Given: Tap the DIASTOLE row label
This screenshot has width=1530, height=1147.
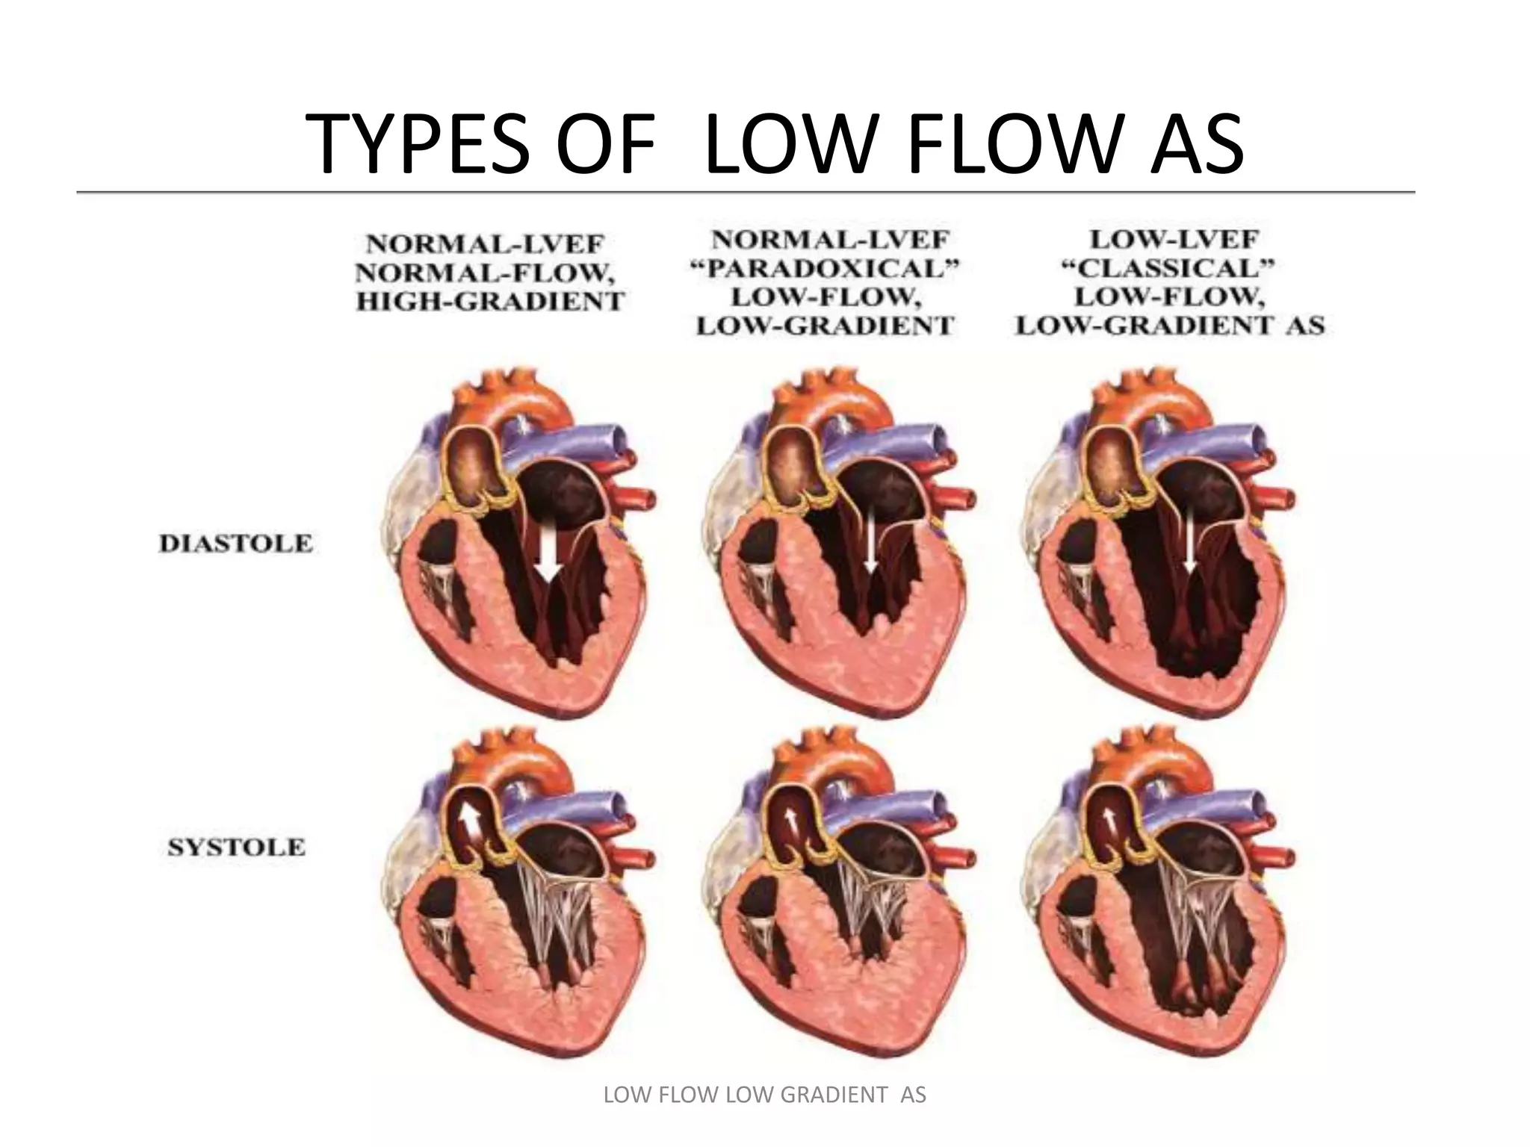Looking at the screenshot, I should click(x=236, y=544).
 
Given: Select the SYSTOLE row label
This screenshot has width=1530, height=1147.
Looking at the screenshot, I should click(x=236, y=848).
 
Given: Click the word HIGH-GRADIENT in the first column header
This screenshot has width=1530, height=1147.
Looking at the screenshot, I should click(x=489, y=302).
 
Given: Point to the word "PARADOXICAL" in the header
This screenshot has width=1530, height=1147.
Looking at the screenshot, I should click(x=825, y=269).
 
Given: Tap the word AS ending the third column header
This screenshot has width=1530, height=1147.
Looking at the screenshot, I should click(x=1307, y=326).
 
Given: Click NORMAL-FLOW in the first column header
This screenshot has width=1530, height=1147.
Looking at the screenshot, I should click(x=486, y=273).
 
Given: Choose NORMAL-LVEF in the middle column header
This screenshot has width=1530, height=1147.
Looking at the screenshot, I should click(x=830, y=240).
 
